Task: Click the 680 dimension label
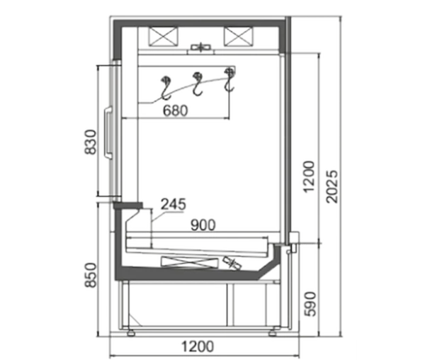(x=176, y=111)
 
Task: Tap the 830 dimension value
(x=91, y=142)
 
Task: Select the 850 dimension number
(x=91, y=275)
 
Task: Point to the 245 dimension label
(x=174, y=204)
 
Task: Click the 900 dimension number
(x=203, y=225)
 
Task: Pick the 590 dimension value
(x=310, y=304)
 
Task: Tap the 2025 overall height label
(x=332, y=186)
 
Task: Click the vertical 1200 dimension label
(x=310, y=177)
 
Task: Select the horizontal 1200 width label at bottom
(x=198, y=347)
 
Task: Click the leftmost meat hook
(x=165, y=88)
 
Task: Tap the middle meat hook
(x=198, y=84)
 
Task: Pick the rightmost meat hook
(x=229, y=79)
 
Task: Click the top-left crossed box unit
(x=164, y=36)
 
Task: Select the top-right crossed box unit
(x=238, y=36)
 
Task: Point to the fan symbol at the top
(x=201, y=47)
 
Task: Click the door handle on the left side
(x=108, y=132)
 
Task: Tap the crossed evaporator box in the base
(x=190, y=262)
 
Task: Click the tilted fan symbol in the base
(x=232, y=263)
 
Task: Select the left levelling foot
(x=131, y=333)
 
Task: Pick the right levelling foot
(x=273, y=333)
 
